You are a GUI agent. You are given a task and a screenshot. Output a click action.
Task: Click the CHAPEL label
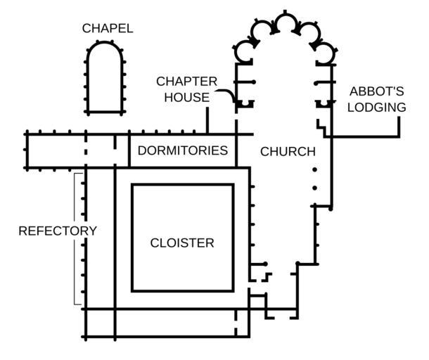pos(107,29)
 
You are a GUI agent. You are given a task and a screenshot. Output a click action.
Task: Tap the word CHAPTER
pos(186,82)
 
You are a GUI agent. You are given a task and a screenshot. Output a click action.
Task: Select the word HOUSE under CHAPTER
pos(186,97)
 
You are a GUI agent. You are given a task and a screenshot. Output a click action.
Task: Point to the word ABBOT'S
pos(377,92)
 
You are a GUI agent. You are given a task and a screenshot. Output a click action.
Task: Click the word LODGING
pos(377,108)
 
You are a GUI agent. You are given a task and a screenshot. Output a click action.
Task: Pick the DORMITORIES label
pos(182,150)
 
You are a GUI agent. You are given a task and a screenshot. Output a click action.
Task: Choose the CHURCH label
pos(288,151)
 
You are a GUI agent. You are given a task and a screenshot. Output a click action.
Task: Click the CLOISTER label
pos(182,243)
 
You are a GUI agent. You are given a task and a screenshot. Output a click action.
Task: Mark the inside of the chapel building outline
pos(106,81)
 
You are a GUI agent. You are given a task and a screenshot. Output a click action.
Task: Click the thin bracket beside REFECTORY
pos(74,239)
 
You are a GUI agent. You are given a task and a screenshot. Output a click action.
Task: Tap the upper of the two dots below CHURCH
pos(314,169)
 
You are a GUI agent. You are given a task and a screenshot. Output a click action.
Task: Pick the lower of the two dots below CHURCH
pos(314,187)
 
